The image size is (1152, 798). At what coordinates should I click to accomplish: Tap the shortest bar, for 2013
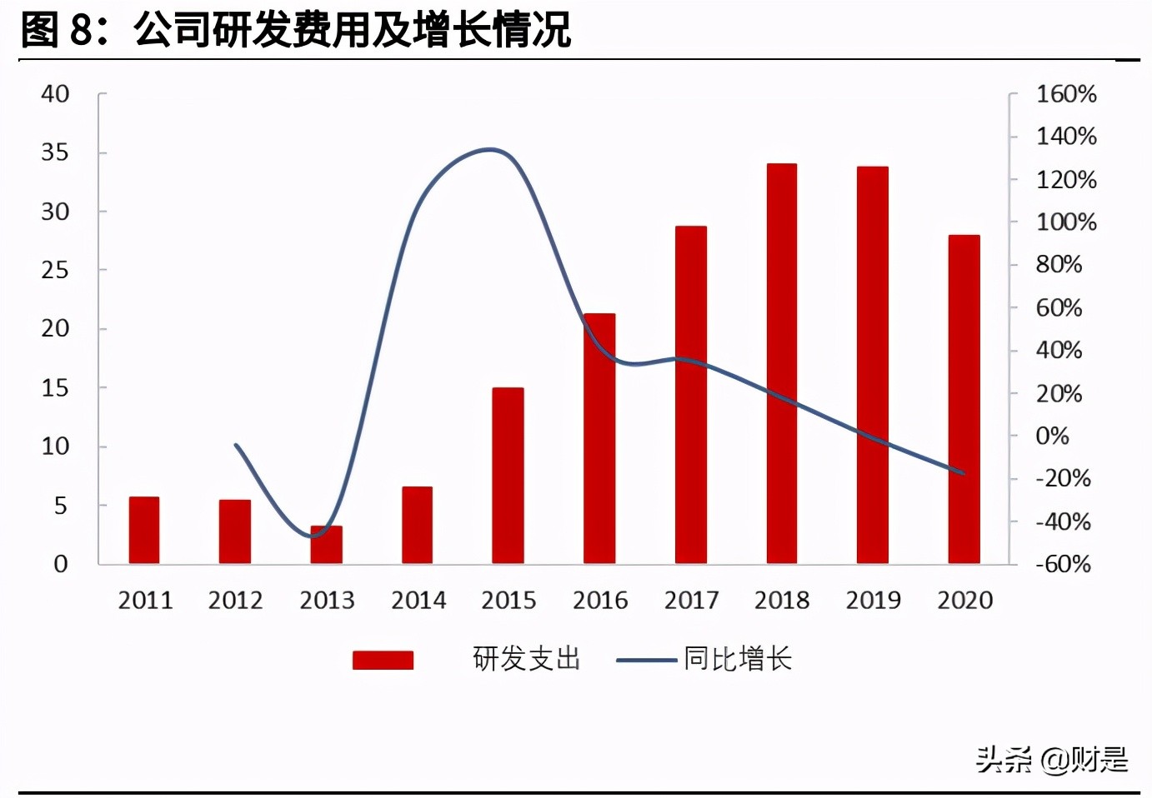pyautogui.click(x=326, y=545)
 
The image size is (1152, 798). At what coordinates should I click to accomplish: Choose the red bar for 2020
pyautogui.click(x=964, y=399)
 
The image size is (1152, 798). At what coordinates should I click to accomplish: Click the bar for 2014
pyautogui.click(x=417, y=525)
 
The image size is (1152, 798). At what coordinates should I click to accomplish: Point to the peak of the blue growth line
pyautogui.click(x=490, y=150)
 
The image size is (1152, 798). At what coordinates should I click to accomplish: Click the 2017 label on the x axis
pyautogui.click(x=691, y=600)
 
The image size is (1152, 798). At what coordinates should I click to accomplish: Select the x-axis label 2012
pyautogui.click(x=235, y=600)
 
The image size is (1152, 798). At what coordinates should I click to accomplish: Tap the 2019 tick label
pyautogui.click(x=873, y=600)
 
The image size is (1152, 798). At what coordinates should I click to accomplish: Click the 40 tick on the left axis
pyautogui.click(x=55, y=94)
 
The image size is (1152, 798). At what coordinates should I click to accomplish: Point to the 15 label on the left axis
pyautogui.click(x=55, y=387)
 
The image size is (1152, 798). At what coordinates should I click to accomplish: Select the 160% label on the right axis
pyautogui.click(x=1065, y=94)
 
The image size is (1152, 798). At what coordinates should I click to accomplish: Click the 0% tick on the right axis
pyautogui.click(x=1052, y=436)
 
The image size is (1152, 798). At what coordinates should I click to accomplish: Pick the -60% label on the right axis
pyautogui.click(x=1063, y=564)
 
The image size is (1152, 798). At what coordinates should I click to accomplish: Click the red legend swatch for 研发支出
pyautogui.click(x=383, y=660)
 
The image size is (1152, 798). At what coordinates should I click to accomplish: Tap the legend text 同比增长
pyautogui.click(x=737, y=659)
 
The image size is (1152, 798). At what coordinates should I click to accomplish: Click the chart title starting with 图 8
pyautogui.click(x=295, y=30)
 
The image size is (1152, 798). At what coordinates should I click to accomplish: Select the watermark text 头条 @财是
pyautogui.click(x=1051, y=759)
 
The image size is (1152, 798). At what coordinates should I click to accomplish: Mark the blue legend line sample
pyautogui.click(x=646, y=661)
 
